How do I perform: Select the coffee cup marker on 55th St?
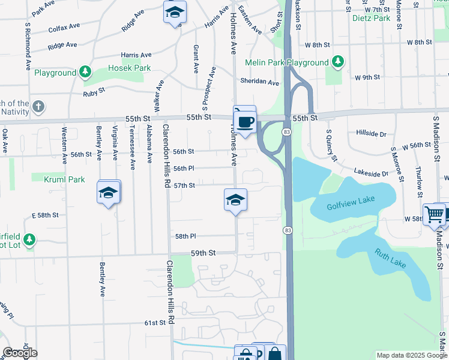245,122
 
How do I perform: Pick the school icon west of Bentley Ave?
109,193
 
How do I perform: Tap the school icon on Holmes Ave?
236,200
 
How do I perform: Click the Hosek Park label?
130,68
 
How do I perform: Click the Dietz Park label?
372,19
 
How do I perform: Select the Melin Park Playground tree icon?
338,62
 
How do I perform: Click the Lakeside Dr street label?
372,173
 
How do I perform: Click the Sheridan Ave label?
260,82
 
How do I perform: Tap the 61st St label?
154,323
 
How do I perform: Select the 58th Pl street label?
185,237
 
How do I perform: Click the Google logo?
20,353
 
